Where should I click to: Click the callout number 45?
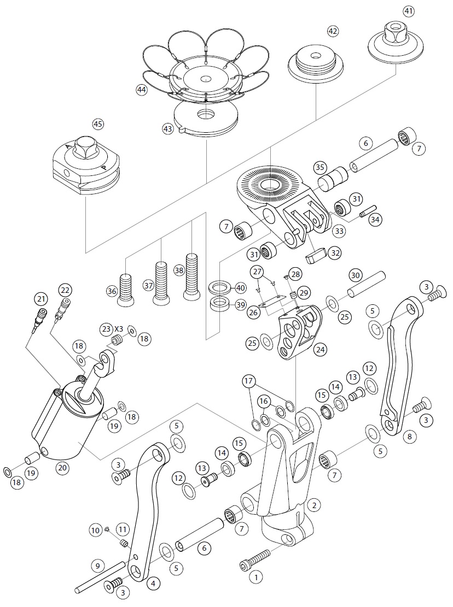[x=98, y=124]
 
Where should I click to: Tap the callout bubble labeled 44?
[x=142, y=90]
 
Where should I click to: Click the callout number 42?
[x=333, y=31]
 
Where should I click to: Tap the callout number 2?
[x=313, y=505]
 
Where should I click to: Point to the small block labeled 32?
[x=316, y=256]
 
